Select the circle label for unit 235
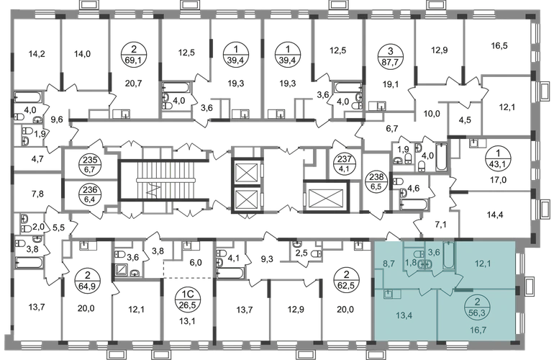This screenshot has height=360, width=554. [x=90, y=165]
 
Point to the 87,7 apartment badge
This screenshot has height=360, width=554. [x=390, y=55]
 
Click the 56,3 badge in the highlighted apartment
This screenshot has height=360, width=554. [x=477, y=307]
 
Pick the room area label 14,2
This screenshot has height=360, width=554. [x=37, y=54]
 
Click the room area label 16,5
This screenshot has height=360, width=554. [x=499, y=45]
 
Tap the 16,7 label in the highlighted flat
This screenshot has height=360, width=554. [x=478, y=330]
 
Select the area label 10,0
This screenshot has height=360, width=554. [x=432, y=114]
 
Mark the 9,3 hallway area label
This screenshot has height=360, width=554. [x=267, y=259]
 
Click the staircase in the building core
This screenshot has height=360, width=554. [x=165, y=180]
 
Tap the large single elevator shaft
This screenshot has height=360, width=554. [x=326, y=197]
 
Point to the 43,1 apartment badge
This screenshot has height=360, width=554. [x=498, y=159]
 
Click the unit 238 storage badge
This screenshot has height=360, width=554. [x=376, y=181]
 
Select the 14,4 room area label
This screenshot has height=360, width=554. [x=495, y=215]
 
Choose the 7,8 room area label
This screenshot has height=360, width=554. [x=37, y=194]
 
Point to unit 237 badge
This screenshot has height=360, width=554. [x=342, y=164]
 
